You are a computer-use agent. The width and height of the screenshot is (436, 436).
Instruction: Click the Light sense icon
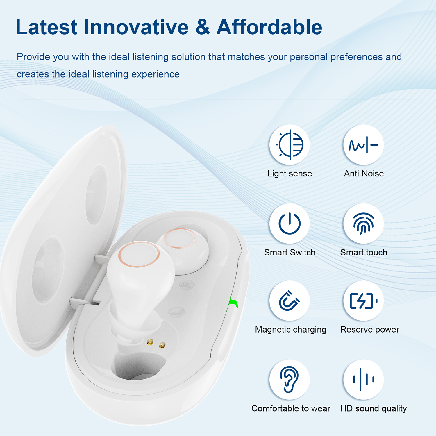tap(290, 145)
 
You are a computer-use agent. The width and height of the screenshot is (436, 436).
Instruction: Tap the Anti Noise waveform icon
tap(363, 145)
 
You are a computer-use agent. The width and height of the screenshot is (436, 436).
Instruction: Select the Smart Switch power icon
tap(290, 224)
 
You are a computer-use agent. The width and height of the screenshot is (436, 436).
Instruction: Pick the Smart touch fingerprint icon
tap(363, 223)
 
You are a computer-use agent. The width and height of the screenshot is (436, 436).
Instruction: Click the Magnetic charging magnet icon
tap(289, 301)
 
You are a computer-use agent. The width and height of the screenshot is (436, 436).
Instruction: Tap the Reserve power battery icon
tap(363, 301)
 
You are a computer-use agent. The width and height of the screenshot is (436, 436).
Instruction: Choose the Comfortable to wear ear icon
tap(289, 379)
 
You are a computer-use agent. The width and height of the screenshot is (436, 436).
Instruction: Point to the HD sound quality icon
tap(363, 379)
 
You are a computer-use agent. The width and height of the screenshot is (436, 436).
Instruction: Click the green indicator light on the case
tap(233, 303)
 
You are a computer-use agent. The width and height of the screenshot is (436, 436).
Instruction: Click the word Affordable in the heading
tap(269, 27)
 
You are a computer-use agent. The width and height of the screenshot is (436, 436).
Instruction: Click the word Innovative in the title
tap(136, 27)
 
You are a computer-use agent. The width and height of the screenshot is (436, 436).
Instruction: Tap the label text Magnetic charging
tap(291, 330)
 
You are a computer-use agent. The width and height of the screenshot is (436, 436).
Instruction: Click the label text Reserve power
tap(369, 330)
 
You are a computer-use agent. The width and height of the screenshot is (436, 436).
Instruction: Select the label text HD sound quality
tap(374, 409)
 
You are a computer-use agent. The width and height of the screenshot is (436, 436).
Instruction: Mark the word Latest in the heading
tap(47, 27)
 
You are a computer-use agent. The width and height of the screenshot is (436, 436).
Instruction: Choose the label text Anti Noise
tap(364, 174)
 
